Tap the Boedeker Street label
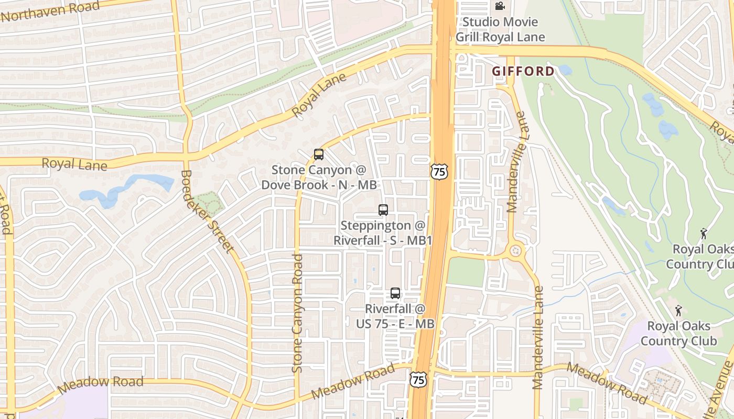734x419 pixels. [207, 211]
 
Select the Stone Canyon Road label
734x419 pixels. [298, 313]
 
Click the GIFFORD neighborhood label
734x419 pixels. [523, 71]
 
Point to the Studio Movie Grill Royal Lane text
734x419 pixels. [500, 29]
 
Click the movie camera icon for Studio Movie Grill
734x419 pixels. [500, 6]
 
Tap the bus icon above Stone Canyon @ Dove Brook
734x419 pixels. [318, 155]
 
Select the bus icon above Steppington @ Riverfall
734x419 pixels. [383, 210]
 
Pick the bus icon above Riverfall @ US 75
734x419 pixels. [395, 293]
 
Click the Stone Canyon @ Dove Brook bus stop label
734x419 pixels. [319, 177]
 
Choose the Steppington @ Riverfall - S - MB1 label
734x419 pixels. [383, 233]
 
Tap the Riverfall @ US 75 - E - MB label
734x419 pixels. [395, 316]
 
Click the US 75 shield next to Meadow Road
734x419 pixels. [418, 380]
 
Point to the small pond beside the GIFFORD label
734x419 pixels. [565, 70]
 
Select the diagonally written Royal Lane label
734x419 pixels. [319, 95]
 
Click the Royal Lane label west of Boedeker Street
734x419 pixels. [74, 164]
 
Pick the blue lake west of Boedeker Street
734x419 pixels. [126, 189]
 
